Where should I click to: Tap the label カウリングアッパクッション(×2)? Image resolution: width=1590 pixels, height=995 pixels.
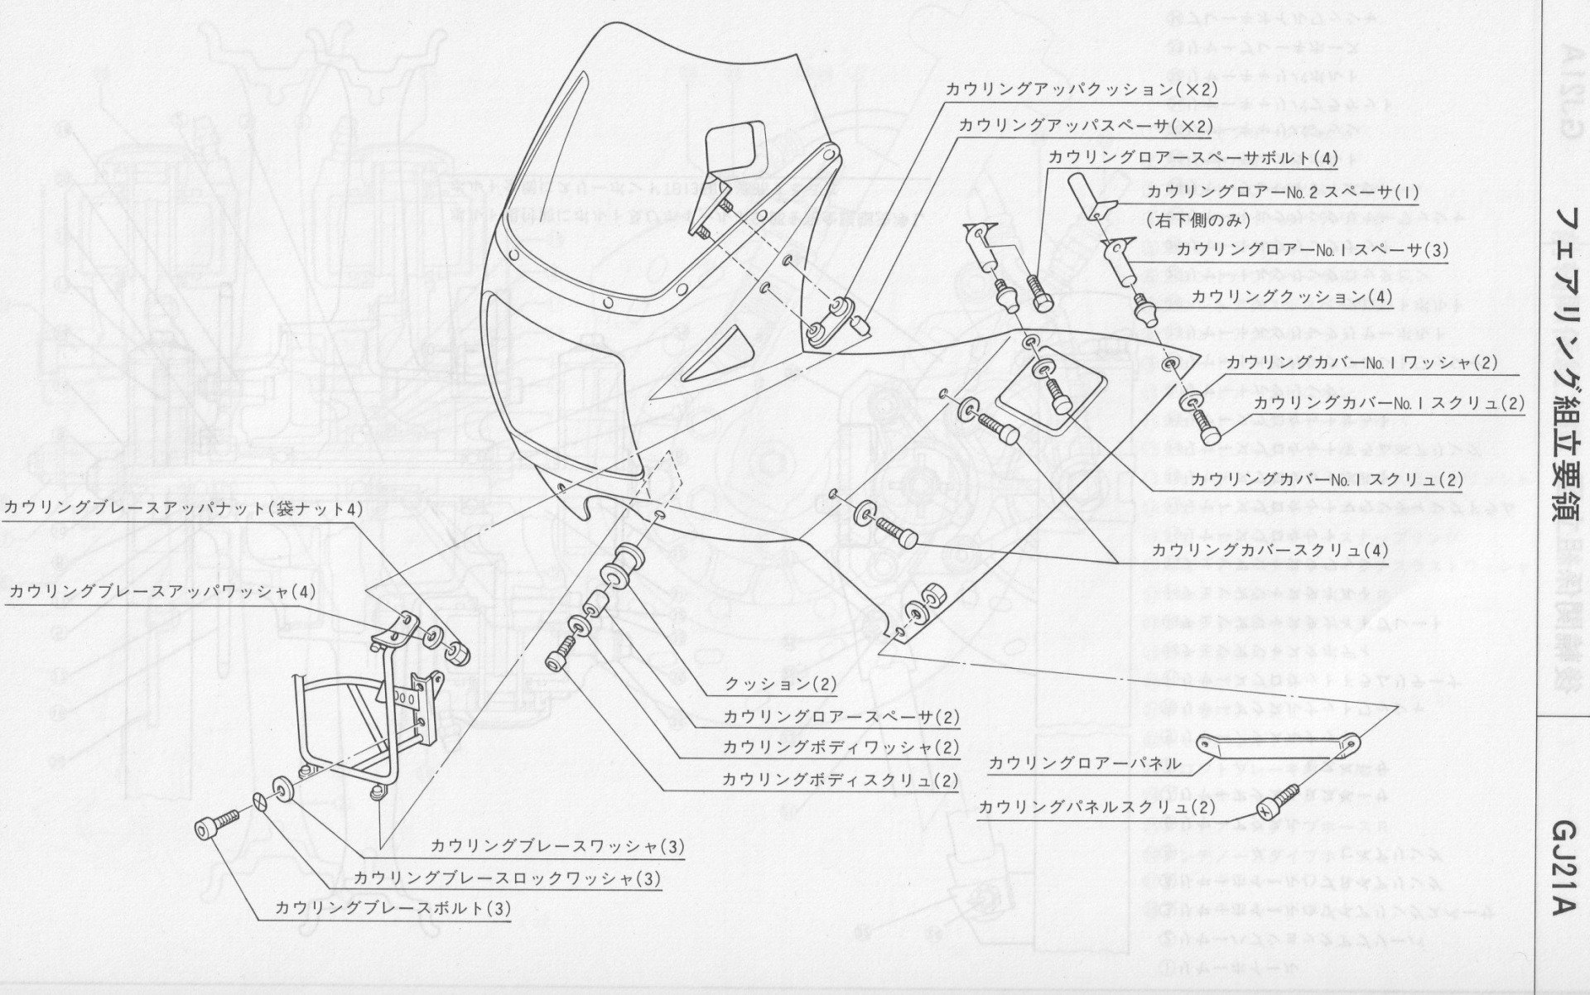1081,89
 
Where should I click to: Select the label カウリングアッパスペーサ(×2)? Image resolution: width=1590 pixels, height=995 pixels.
1085,126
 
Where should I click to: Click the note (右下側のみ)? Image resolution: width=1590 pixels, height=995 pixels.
1202,221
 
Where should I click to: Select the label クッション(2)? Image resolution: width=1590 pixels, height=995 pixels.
781,685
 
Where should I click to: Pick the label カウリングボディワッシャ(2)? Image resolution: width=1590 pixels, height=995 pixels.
841,747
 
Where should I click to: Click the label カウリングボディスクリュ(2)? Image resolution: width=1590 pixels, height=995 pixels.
840,780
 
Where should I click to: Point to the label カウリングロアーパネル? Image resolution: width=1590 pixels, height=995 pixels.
1085,763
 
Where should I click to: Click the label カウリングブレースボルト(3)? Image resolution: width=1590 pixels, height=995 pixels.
393,908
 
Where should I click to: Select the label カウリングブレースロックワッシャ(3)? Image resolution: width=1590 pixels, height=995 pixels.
508,877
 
